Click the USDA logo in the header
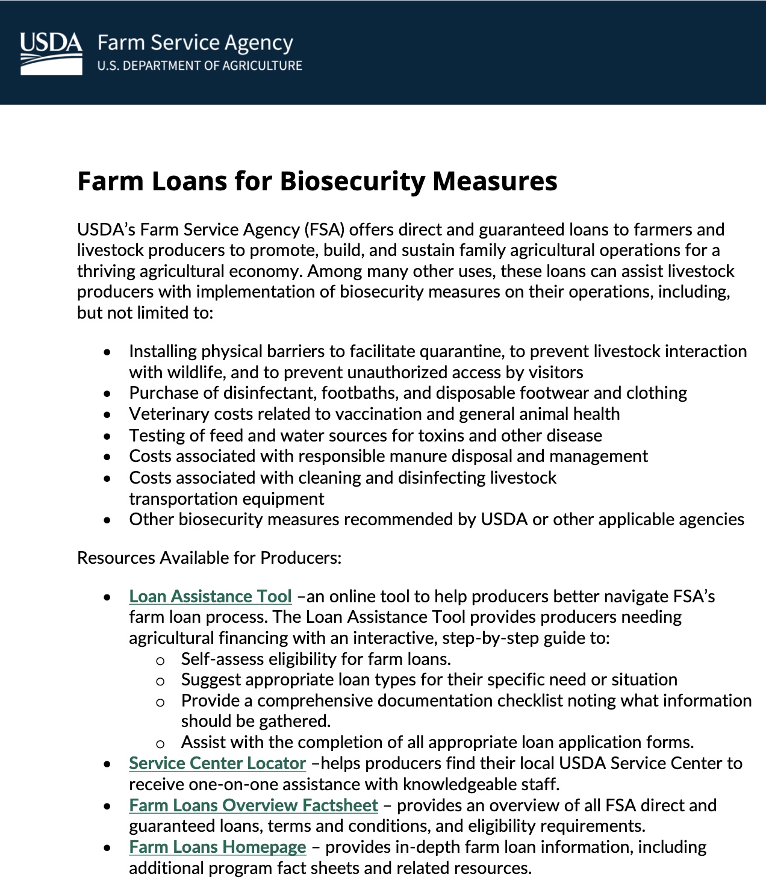pos(51,54)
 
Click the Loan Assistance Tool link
pos(210,596)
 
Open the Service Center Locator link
pos(217,763)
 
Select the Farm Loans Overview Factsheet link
pos(253,805)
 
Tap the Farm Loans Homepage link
pos(217,847)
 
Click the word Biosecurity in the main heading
pos(353,181)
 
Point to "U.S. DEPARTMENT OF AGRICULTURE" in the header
pos(199,66)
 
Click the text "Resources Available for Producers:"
pos(209,558)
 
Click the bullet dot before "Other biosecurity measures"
pos(107,520)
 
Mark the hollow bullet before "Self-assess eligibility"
pos(160,660)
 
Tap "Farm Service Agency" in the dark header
pos(195,43)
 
